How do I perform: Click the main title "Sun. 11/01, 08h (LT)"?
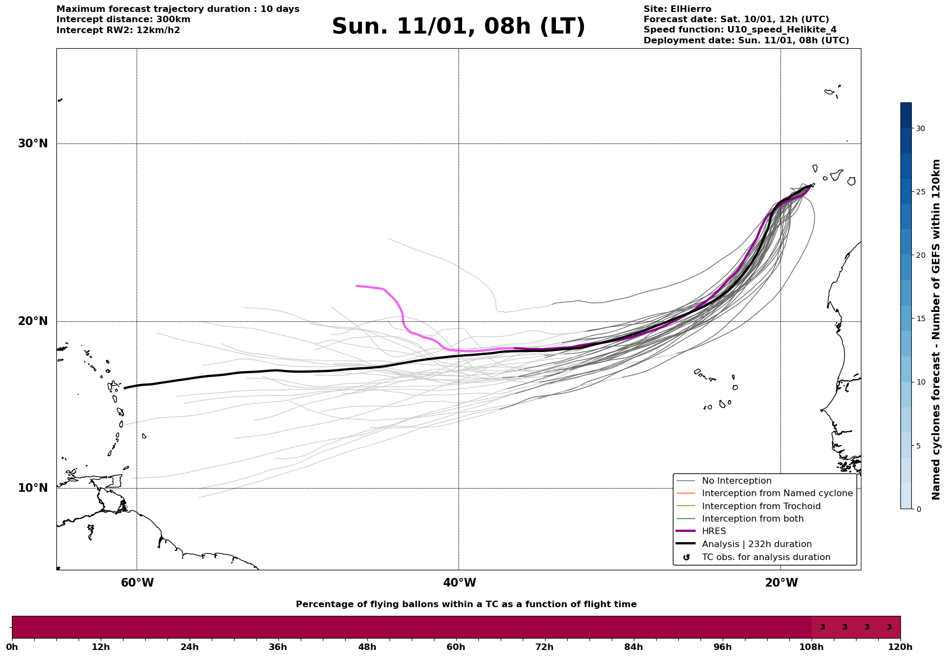click(x=458, y=27)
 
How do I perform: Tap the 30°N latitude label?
click(x=33, y=144)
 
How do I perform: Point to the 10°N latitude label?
click(x=33, y=488)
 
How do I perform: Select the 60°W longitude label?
click(x=137, y=583)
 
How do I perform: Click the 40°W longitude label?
click(x=459, y=583)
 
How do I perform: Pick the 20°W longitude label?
click(x=781, y=583)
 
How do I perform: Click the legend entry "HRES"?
click(x=714, y=531)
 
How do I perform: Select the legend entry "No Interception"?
click(x=736, y=481)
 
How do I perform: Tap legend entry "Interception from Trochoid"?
click(x=761, y=506)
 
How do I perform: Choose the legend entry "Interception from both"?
click(x=753, y=519)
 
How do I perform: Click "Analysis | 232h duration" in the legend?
click(x=756, y=544)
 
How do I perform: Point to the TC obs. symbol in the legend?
click(x=686, y=557)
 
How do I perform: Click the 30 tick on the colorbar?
click(x=920, y=128)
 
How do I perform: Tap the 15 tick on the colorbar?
click(x=920, y=318)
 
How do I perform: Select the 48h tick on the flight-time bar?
click(x=367, y=647)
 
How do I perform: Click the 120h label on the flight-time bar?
click(x=900, y=647)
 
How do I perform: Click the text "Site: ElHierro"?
click(x=677, y=9)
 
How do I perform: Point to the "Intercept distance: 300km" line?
click(x=123, y=19)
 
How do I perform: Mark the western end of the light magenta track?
click(x=356, y=285)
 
